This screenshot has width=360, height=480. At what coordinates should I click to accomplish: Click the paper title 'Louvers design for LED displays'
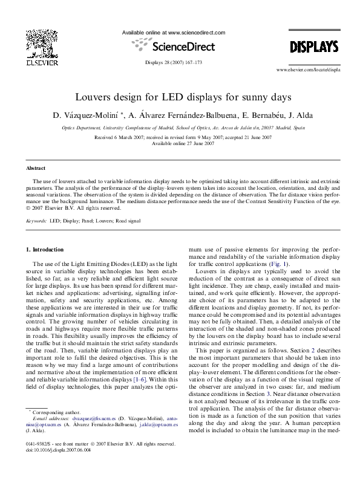click(180, 97)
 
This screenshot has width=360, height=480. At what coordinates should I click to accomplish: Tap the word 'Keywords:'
click(36, 221)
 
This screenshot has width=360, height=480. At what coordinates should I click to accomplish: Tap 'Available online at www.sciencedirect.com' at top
click(174, 31)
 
